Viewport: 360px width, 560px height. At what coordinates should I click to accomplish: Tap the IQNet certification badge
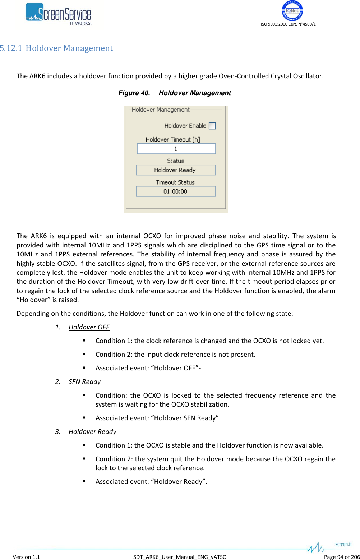tap(292, 11)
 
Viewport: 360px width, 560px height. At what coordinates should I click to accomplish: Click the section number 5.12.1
tap(11, 48)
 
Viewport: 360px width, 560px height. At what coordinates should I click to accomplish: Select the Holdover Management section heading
tap(69, 48)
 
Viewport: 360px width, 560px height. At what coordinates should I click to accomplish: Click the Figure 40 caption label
tap(134, 93)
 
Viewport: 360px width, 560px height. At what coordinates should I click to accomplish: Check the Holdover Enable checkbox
tap(212, 126)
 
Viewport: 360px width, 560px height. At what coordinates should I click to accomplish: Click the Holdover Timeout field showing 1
tap(176, 149)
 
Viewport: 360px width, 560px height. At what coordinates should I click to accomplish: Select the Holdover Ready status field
tap(176, 170)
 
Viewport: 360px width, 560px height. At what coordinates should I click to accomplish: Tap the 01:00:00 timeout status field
tap(176, 191)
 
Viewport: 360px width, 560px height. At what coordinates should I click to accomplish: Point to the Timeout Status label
tap(175, 182)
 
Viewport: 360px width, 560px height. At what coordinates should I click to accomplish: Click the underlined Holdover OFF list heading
tap(89, 327)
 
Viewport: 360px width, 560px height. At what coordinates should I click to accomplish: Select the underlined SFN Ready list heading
tap(84, 382)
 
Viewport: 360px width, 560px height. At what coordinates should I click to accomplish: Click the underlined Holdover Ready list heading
tap(92, 432)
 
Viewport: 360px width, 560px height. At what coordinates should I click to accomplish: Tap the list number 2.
tap(58, 382)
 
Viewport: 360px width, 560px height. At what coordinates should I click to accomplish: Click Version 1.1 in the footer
tap(26, 557)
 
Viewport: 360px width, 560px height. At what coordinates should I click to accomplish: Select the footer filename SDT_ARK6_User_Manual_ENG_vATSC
tap(180, 557)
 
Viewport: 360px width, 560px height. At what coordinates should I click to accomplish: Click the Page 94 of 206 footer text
tap(342, 557)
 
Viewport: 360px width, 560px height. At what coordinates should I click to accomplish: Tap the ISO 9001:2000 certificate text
tap(288, 24)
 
